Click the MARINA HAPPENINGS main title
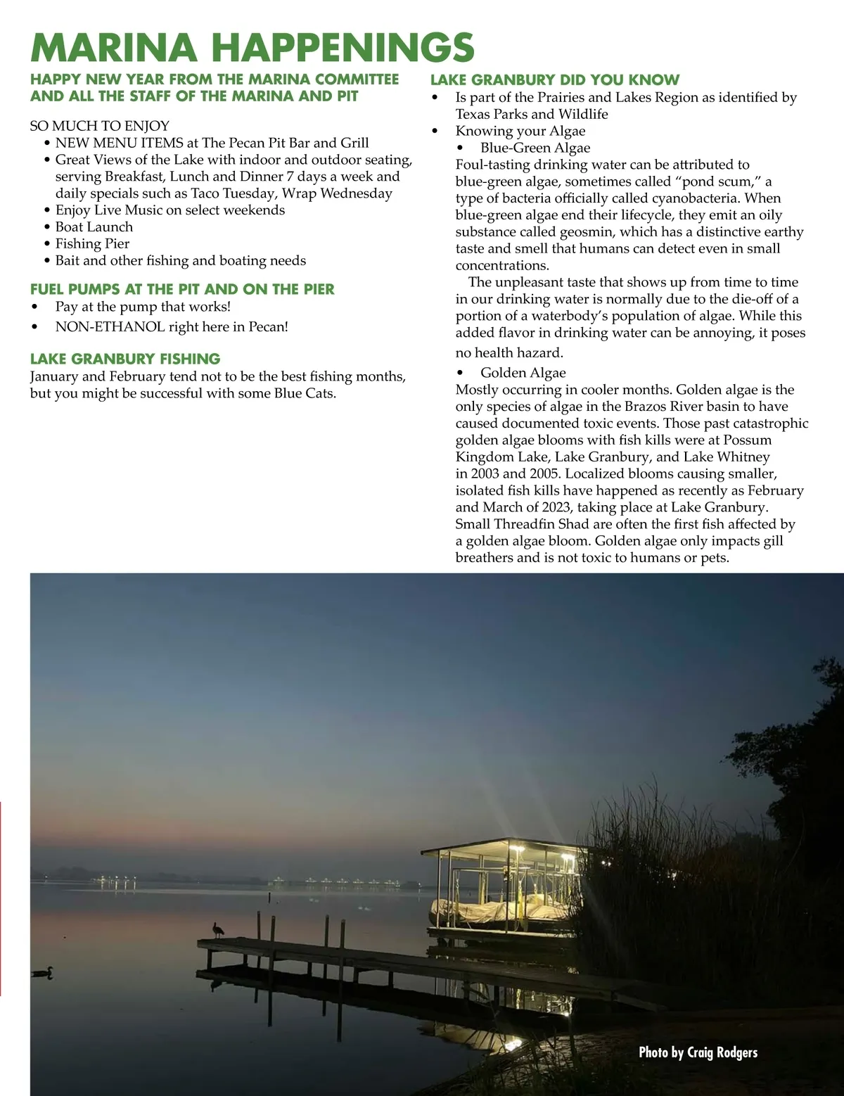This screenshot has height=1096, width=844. click(x=252, y=47)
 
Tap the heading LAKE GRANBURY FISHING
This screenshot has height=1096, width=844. click(x=125, y=359)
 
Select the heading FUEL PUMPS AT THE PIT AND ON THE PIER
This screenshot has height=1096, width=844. click(x=182, y=289)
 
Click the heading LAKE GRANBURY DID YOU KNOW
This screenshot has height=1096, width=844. click(x=555, y=80)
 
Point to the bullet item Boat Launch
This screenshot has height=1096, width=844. click(x=94, y=227)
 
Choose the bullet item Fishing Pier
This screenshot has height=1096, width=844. click(x=92, y=244)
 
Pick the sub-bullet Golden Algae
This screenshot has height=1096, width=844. click(x=523, y=373)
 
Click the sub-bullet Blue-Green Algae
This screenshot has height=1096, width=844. click(x=535, y=148)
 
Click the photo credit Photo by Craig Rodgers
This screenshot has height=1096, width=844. click(x=698, y=1052)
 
